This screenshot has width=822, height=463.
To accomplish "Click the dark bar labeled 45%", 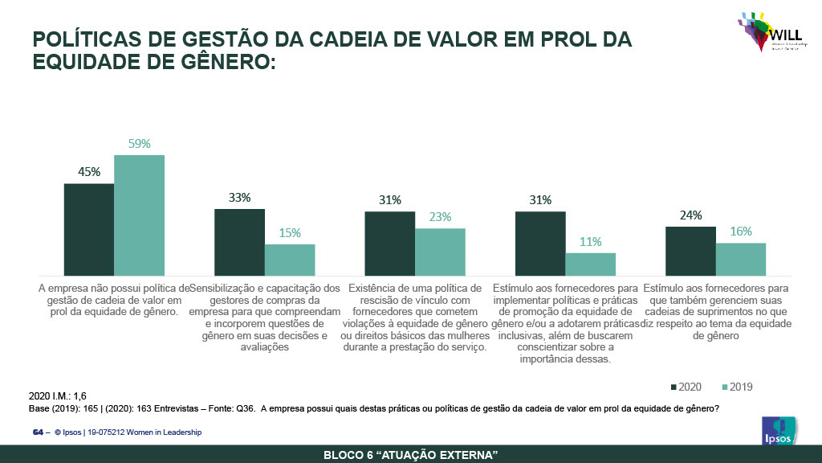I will (x=89, y=230).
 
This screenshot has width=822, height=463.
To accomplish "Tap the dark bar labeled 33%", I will (x=239, y=242).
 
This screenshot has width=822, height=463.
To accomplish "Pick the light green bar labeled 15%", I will (x=290, y=260).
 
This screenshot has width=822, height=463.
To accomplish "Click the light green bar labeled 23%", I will (x=440, y=252).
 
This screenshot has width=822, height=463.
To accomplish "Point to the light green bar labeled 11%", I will (x=590, y=264).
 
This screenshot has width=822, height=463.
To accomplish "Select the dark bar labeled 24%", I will (x=690, y=251).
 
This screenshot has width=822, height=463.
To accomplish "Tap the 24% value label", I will (x=690, y=215).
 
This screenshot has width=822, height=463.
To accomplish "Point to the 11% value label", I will (x=590, y=242).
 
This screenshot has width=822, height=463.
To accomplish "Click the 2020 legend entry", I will (x=685, y=387).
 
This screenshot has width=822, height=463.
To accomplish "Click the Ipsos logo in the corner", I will (x=778, y=431).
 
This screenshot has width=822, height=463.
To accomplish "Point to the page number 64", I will (x=37, y=432).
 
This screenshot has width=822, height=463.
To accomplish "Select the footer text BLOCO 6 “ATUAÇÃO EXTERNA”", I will (x=410, y=455).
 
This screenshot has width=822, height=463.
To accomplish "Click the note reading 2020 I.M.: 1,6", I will (x=58, y=396).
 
